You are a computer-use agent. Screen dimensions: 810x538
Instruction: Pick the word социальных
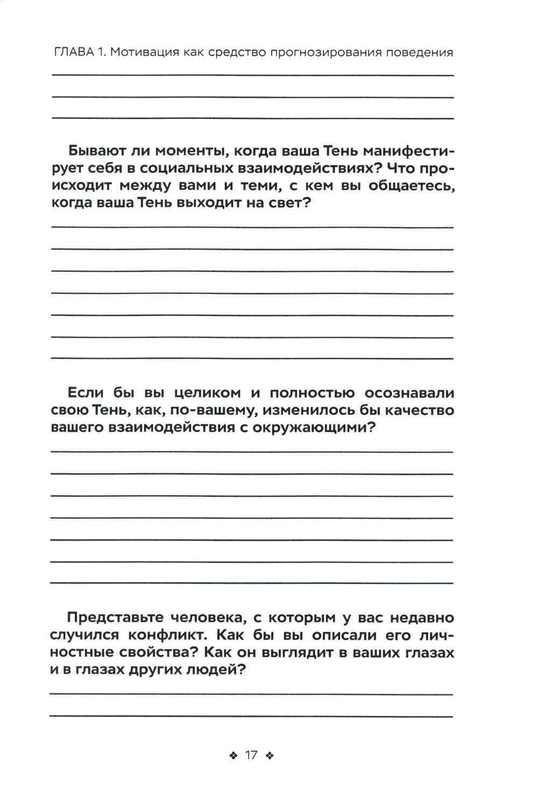[x=186, y=168]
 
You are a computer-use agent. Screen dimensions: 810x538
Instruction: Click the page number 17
[x=251, y=755]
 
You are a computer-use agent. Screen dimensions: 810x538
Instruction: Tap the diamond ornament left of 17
[x=233, y=755]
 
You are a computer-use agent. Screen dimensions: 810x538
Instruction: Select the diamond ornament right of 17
[x=270, y=755]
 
